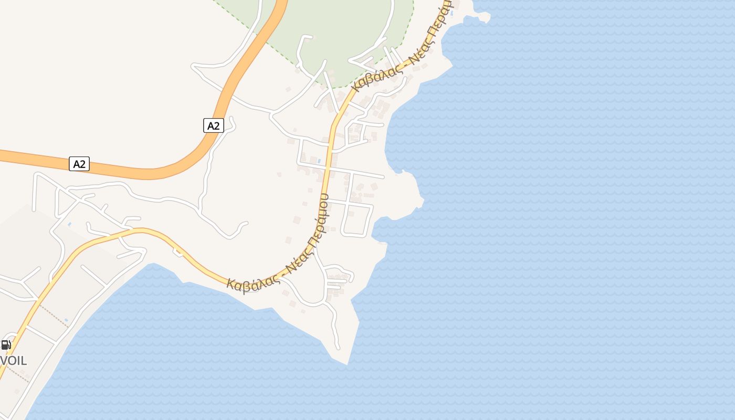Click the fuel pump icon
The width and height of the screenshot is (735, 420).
pos(6,345)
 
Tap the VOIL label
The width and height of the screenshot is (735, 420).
pos(14,361)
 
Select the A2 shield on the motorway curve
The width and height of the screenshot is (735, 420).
pos(213,125)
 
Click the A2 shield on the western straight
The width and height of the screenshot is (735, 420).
pos(79,164)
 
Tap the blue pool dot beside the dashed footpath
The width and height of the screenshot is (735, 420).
pos(66,320)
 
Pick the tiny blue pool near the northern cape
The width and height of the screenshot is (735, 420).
pos(451,13)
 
